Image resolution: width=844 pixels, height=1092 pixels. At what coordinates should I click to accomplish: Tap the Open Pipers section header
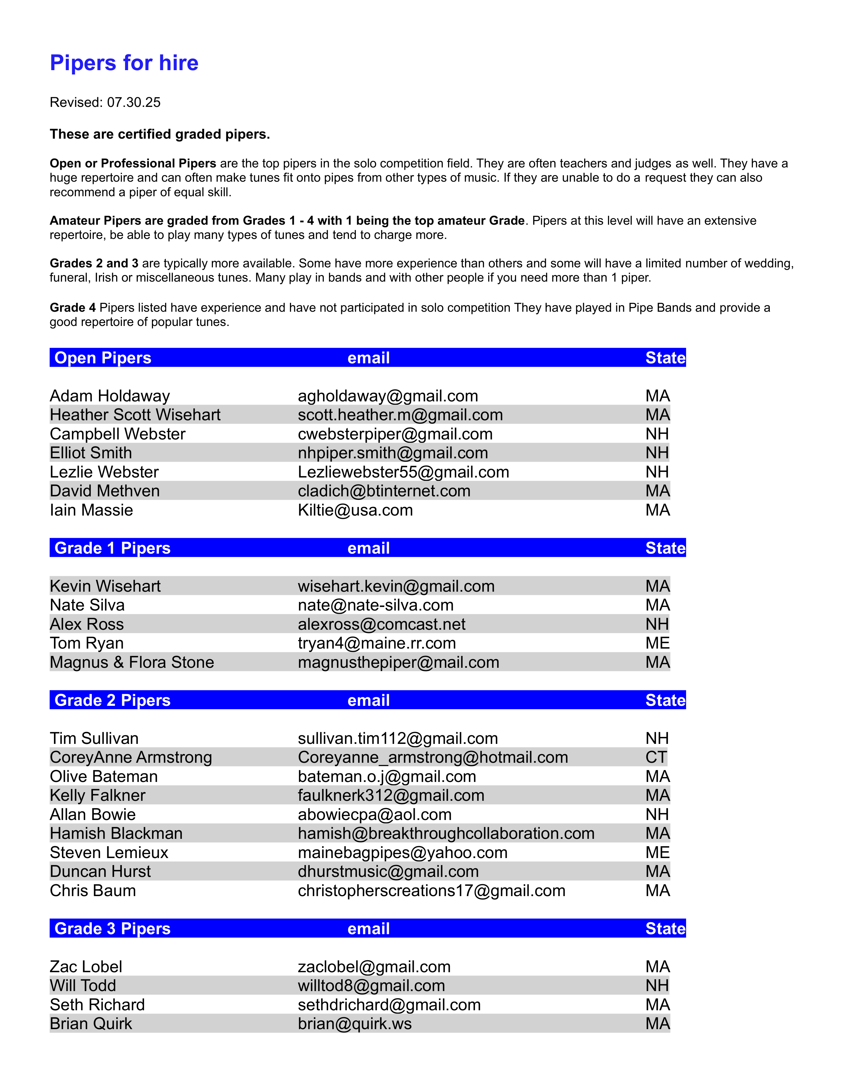(x=103, y=358)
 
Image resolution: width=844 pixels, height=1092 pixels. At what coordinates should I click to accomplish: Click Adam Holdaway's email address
(x=388, y=396)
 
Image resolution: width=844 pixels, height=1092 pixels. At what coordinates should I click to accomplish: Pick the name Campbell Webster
(x=117, y=434)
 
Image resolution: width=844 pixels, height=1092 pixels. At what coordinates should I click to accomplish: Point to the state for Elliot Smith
(x=657, y=453)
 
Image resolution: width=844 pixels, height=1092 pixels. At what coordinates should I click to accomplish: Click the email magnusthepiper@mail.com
(x=398, y=662)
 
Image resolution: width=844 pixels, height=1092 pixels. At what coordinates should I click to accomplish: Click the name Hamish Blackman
(x=116, y=834)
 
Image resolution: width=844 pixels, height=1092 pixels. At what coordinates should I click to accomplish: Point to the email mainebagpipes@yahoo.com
(x=402, y=852)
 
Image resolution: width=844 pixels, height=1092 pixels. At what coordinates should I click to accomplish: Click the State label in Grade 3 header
(x=665, y=929)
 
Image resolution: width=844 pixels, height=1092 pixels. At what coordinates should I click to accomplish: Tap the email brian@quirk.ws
(x=354, y=1024)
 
